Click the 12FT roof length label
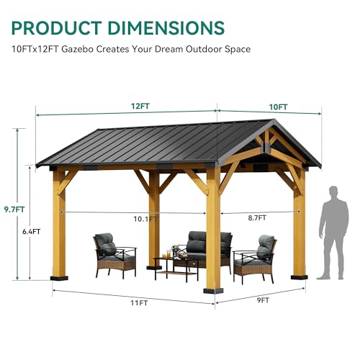[140, 106]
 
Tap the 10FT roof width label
[278, 107]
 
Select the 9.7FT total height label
[14, 210]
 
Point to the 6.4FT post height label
[32, 232]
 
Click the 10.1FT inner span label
[145, 219]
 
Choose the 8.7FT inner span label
[257, 218]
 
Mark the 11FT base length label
[139, 303]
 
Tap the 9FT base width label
[264, 300]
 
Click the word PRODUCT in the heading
[57, 28]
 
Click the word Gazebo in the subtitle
[78, 49]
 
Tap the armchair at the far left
[114, 255]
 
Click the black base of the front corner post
[213, 291]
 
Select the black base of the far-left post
[59, 279]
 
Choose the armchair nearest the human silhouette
[255, 259]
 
